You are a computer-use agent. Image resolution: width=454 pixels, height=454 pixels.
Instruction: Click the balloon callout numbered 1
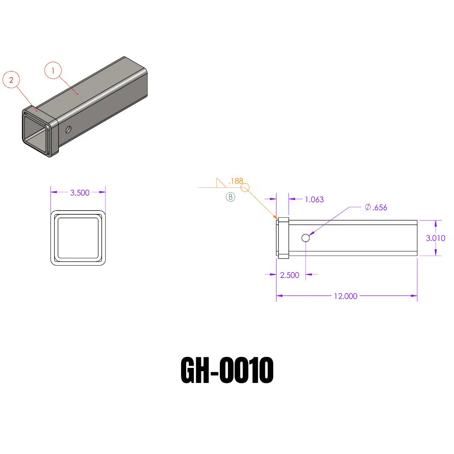tap(53, 71)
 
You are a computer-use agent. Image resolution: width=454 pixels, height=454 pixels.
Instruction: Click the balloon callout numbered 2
tap(11, 80)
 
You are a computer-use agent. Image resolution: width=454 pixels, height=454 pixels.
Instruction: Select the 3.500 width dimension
tap(80, 193)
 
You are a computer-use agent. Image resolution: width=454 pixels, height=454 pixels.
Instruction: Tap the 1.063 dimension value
tap(314, 199)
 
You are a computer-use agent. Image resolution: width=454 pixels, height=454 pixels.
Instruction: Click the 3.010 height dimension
tap(436, 238)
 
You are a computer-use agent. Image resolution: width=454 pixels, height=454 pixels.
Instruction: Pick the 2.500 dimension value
tap(290, 275)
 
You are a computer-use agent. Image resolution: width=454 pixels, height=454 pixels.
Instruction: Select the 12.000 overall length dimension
tap(346, 296)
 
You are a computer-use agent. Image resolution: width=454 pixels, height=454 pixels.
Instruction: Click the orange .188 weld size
tap(235, 181)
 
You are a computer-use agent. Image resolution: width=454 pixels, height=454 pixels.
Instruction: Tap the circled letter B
tap(230, 197)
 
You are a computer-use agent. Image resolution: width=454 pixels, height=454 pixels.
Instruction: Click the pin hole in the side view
tap(306, 238)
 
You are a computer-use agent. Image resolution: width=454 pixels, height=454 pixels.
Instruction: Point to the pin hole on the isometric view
tap(68, 129)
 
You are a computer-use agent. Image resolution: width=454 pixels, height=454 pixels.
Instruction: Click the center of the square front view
tap(78, 238)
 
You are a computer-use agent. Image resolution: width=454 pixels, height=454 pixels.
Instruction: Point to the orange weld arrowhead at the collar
tap(275, 218)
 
